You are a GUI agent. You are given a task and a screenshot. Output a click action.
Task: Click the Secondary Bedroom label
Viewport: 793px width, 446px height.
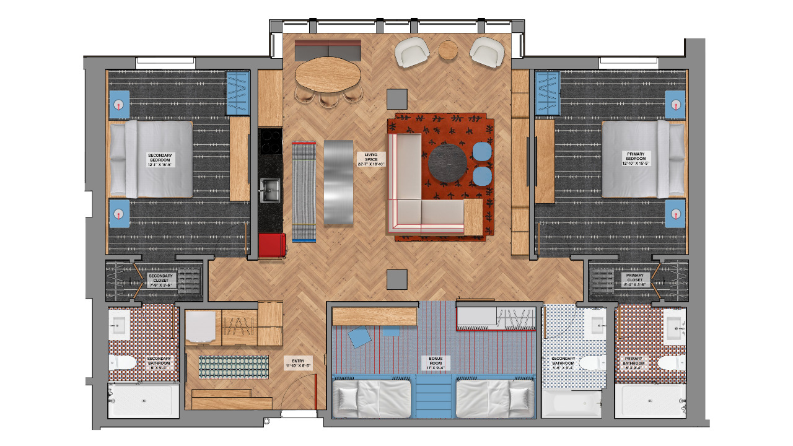(160, 160)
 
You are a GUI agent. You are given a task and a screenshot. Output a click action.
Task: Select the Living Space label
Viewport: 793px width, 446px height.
(371, 160)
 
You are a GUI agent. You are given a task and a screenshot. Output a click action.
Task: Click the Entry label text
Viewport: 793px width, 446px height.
(297, 362)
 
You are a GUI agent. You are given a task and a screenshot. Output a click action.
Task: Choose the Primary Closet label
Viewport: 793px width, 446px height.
(635, 279)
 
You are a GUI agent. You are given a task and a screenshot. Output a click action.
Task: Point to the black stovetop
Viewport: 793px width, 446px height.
(271, 142)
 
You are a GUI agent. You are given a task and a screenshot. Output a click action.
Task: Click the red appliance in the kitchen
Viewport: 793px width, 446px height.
(272, 245)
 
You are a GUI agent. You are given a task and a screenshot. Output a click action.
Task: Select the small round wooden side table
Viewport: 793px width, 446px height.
(448, 50)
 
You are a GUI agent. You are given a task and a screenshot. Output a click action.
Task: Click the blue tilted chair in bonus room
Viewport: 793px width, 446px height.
(359, 338)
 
